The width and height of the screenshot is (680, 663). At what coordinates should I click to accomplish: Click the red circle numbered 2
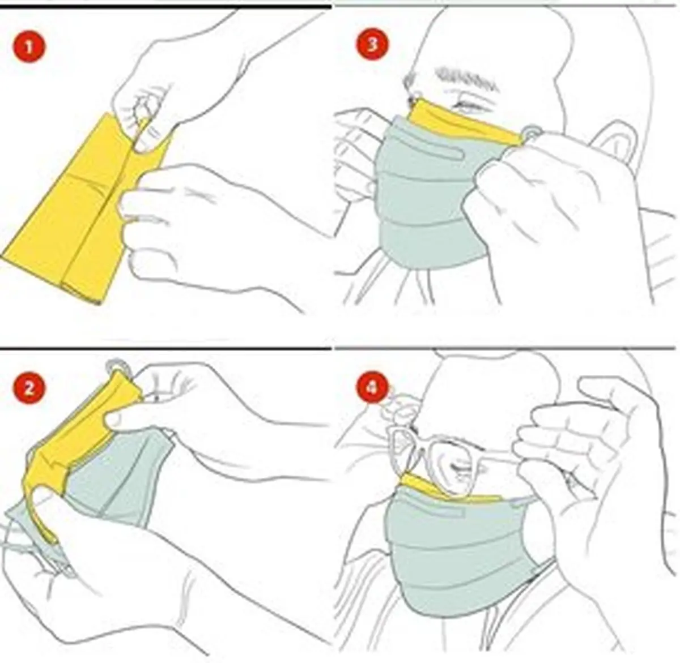point(29,388)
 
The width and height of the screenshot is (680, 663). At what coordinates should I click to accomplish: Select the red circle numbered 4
point(372,388)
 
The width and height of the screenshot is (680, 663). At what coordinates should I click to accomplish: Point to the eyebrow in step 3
point(466,79)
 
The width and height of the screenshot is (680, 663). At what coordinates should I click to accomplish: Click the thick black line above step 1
point(165,6)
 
